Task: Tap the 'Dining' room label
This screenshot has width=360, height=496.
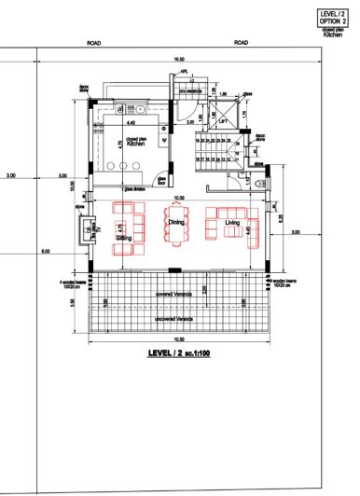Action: pos(174,222)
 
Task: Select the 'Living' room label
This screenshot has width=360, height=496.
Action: pos(233,222)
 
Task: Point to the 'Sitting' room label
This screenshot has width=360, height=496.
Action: pos(123,239)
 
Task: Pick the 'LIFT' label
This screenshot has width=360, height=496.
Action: pos(223,119)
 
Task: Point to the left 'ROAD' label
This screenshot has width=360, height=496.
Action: pos(93,43)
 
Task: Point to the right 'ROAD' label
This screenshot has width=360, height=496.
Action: pos(241,43)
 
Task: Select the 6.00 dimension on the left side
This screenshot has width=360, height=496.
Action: pos(44,252)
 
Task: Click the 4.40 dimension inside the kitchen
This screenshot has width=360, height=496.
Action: pos(131,122)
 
